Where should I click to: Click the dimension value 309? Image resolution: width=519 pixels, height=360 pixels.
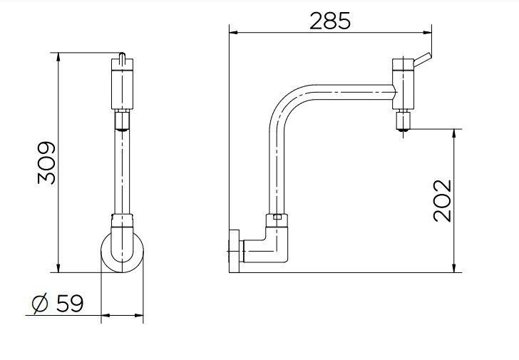coord(46,163)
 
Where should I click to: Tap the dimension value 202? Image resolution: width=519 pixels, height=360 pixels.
coord(442,200)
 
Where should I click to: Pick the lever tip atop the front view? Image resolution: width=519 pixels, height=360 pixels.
coord(123,57)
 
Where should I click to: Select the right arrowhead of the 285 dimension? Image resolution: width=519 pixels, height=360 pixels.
coord(429,31)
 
